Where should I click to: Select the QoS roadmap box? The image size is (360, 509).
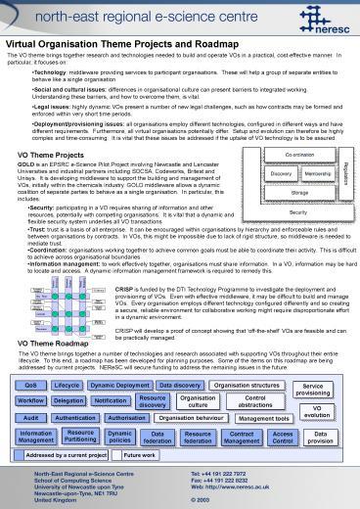(x=31, y=387)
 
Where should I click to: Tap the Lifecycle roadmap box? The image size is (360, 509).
(x=67, y=387)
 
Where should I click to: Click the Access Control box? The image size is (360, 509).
(x=283, y=437)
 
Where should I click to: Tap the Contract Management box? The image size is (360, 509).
(x=241, y=437)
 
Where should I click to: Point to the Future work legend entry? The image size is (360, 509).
(x=141, y=456)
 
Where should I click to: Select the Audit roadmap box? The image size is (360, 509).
(x=30, y=418)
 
